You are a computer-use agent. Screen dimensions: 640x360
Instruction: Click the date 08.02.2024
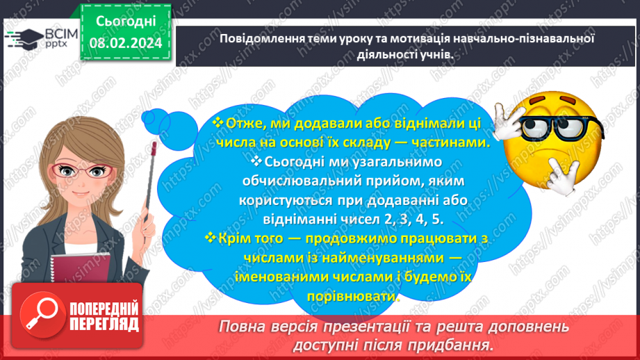126,43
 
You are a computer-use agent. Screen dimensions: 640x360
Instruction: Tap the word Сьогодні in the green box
126,22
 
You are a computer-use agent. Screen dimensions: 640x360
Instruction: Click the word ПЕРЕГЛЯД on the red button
104,325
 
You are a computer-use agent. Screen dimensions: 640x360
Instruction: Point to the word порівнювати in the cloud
352,296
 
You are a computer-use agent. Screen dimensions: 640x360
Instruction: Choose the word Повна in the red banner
242,327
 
